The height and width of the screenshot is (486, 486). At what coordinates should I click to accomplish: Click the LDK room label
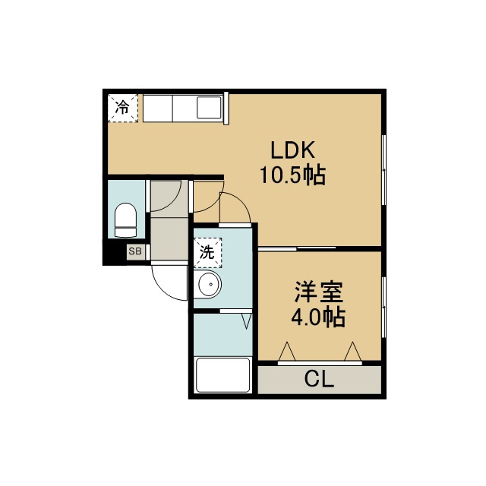point(293,150)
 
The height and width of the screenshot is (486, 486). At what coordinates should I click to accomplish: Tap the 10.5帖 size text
point(293,175)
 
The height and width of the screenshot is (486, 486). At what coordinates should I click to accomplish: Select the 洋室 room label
point(319,292)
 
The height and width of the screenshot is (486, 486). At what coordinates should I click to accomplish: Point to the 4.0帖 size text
point(318,317)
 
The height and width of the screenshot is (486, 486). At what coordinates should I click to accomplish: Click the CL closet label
point(319,379)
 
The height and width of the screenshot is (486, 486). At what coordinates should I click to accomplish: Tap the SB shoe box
point(135,251)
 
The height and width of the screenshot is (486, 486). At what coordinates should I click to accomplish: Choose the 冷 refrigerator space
point(123,108)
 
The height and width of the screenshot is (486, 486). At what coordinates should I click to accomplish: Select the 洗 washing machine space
point(207,252)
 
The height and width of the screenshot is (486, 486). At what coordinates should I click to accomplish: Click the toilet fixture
point(125,220)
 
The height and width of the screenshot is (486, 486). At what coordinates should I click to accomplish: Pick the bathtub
point(222,375)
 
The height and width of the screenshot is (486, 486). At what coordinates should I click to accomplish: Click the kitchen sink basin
point(209,108)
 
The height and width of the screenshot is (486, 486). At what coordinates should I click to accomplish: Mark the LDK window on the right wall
point(383,170)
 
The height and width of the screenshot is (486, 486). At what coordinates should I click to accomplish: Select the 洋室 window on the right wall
point(383,307)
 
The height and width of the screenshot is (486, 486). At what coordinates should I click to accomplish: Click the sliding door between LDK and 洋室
point(297,248)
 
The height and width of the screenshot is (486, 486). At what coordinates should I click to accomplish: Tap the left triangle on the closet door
point(287,352)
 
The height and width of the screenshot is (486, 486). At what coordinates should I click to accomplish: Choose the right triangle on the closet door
point(352,352)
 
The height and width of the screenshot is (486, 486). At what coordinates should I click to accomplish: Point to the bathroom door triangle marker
point(246,321)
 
